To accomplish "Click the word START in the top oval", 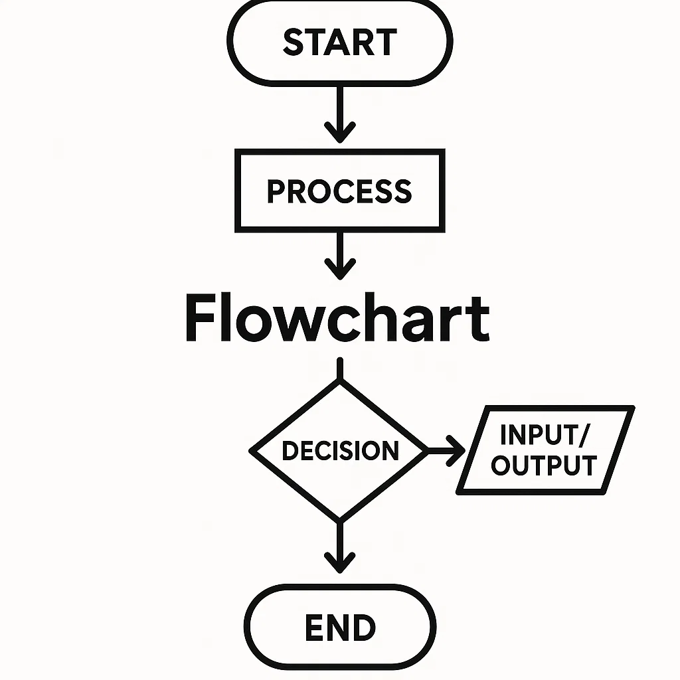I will click(x=339, y=42).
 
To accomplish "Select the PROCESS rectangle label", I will click(x=339, y=191).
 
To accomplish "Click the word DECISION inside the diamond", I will click(x=340, y=451).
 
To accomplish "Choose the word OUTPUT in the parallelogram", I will click(x=544, y=466).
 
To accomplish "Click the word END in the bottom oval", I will click(x=340, y=628).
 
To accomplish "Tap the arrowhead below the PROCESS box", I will click(x=340, y=268).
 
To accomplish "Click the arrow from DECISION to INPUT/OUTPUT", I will click(x=446, y=451).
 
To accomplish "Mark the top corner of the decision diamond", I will click(x=340, y=383).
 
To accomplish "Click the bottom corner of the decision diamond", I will click(x=340, y=519).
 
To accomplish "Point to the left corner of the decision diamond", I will click(x=252, y=451).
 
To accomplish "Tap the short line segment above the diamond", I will click(x=340, y=369).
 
